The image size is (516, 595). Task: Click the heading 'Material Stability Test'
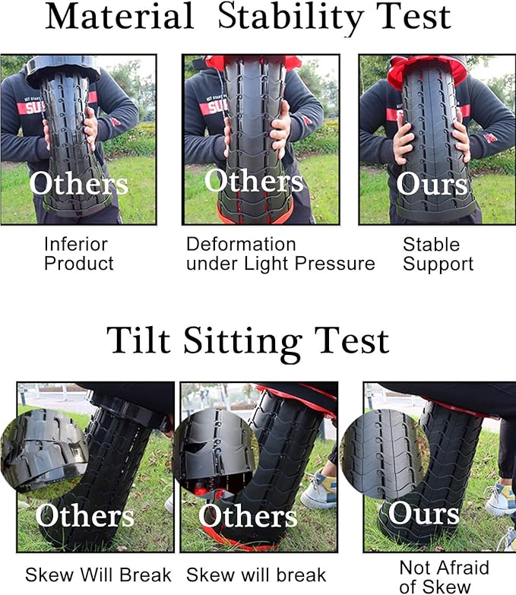(x=248, y=17)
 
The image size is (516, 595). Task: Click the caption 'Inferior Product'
(x=78, y=254)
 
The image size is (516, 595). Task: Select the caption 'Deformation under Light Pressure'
(x=280, y=254)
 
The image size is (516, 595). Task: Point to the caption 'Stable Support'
(x=438, y=254)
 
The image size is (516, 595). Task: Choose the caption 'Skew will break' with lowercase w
(x=256, y=574)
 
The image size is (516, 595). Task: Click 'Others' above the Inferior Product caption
(x=79, y=183)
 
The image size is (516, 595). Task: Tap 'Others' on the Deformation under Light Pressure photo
(x=254, y=181)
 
